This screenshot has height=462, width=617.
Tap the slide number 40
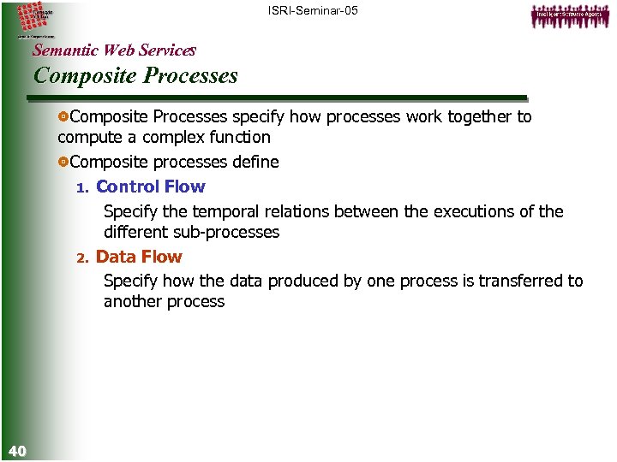[17, 450]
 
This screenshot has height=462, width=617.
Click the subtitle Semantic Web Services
[114, 50]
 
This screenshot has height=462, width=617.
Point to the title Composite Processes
[135, 75]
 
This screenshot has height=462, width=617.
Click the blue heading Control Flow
[150, 187]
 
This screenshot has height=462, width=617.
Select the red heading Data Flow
[139, 257]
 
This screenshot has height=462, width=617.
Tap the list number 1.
[82, 187]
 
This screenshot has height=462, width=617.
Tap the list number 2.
[82, 258]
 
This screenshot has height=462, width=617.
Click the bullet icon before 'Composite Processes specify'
[63, 116]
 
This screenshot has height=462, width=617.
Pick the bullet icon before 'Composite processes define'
[63, 163]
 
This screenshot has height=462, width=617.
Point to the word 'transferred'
[521, 281]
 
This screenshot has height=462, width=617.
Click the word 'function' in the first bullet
[240, 137]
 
